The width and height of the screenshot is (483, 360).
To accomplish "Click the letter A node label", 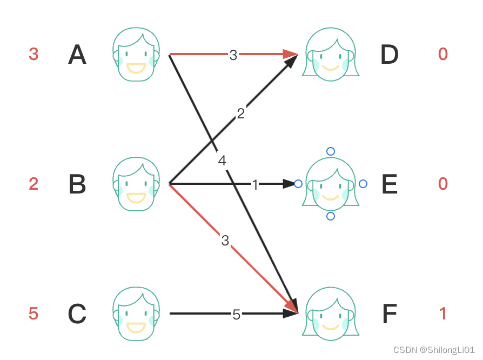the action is coord(77,55).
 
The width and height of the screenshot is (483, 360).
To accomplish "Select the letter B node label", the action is coord(77,185).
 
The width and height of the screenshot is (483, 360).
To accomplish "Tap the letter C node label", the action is coord(77,314).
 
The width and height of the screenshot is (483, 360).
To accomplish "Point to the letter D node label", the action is coord(389,55).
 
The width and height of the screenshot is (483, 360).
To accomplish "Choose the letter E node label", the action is coord(389,185).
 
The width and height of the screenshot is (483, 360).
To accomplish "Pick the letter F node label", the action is coord(389,314).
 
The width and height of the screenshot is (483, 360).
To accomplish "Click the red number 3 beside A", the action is coord(33,55).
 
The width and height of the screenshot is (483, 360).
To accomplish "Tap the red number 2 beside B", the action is coord(33,184).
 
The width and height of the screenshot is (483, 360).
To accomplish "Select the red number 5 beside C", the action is coord(33,314).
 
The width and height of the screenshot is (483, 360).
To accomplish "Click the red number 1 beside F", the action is coord(443,314).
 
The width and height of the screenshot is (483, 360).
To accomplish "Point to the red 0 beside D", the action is coord(443,54).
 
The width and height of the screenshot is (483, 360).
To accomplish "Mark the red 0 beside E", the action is coord(443,184).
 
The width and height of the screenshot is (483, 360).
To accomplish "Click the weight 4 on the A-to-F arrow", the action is coord(222,161).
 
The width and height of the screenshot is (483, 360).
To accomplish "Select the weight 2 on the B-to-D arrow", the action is coord(241,114).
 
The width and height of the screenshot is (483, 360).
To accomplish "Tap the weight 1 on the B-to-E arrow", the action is coord(255,185).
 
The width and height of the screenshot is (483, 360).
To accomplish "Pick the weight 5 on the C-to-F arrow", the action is coord(236,314).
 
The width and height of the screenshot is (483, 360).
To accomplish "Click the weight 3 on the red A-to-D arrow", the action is coord(233,55).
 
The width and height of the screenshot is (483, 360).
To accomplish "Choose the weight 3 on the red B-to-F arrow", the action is coord(225,241).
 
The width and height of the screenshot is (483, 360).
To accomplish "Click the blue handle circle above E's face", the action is coord(331,151).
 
